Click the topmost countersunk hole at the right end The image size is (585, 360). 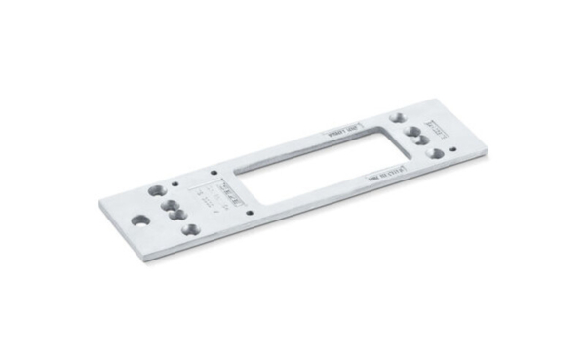[397, 115]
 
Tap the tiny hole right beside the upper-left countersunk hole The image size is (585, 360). [175, 181]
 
